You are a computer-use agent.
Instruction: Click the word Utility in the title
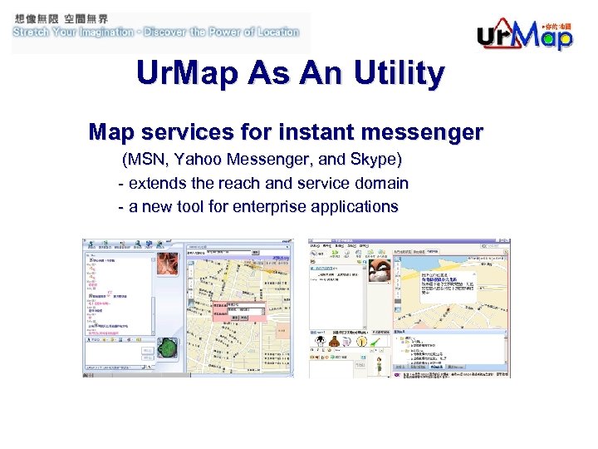tap(398, 75)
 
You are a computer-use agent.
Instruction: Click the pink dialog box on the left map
tap(236, 311)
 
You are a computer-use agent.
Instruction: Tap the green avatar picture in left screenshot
tap(169, 349)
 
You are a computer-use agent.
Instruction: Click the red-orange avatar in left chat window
tap(169, 264)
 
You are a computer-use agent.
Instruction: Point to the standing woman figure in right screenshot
tap(378, 368)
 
